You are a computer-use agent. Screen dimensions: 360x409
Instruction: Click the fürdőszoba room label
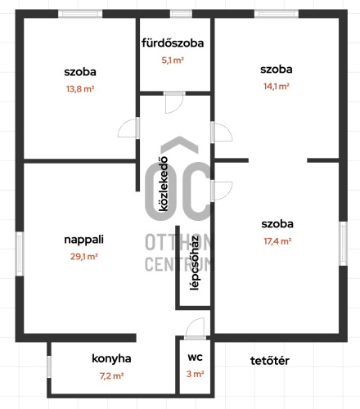(x=173, y=43)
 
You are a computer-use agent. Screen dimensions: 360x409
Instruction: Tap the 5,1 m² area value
(x=173, y=60)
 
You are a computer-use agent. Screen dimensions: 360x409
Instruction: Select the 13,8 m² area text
(x=80, y=89)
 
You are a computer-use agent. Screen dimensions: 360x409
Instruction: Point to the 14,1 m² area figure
(x=277, y=86)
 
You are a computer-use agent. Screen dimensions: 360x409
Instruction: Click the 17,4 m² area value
(x=277, y=241)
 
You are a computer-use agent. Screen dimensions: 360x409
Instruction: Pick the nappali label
(x=83, y=240)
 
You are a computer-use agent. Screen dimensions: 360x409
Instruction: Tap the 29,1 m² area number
(x=84, y=256)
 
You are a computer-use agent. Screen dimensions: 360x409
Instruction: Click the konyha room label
(x=111, y=359)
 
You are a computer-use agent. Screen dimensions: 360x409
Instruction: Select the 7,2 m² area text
(x=111, y=376)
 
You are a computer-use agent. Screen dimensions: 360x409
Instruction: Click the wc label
(x=195, y=357)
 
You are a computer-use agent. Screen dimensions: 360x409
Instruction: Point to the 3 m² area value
(x=195, y=374)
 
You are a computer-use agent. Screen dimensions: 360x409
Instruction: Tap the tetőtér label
(x=270, y=361)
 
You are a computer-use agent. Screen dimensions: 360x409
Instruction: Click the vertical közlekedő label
(x=164, y=184)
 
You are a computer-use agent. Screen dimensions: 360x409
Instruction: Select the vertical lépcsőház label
(x=195, y=263)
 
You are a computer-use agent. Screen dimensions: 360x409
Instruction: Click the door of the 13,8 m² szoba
(x=128, y=128)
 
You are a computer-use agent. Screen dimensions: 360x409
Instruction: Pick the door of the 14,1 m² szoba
(x=222, y=132)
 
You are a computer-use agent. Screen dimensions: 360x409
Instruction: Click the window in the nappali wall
(x=20, y=254)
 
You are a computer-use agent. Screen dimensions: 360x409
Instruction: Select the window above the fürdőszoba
(x=181, y=14)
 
